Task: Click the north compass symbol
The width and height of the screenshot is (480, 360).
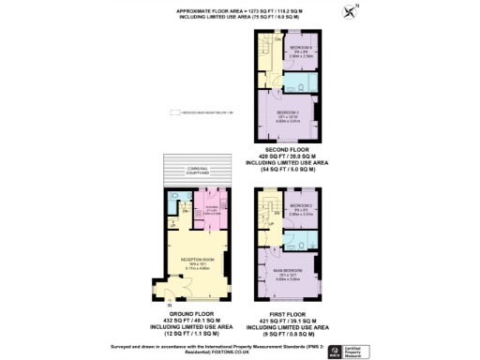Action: pyautogui.click(x=351, y=12)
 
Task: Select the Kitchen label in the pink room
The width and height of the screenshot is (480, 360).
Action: pyautogui.click(x=211, y=207)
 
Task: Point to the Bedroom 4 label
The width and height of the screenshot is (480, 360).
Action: pyautogui.click(x=301, y=47)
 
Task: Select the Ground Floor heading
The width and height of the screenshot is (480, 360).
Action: pyautogui.click(x=192, y=314)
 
